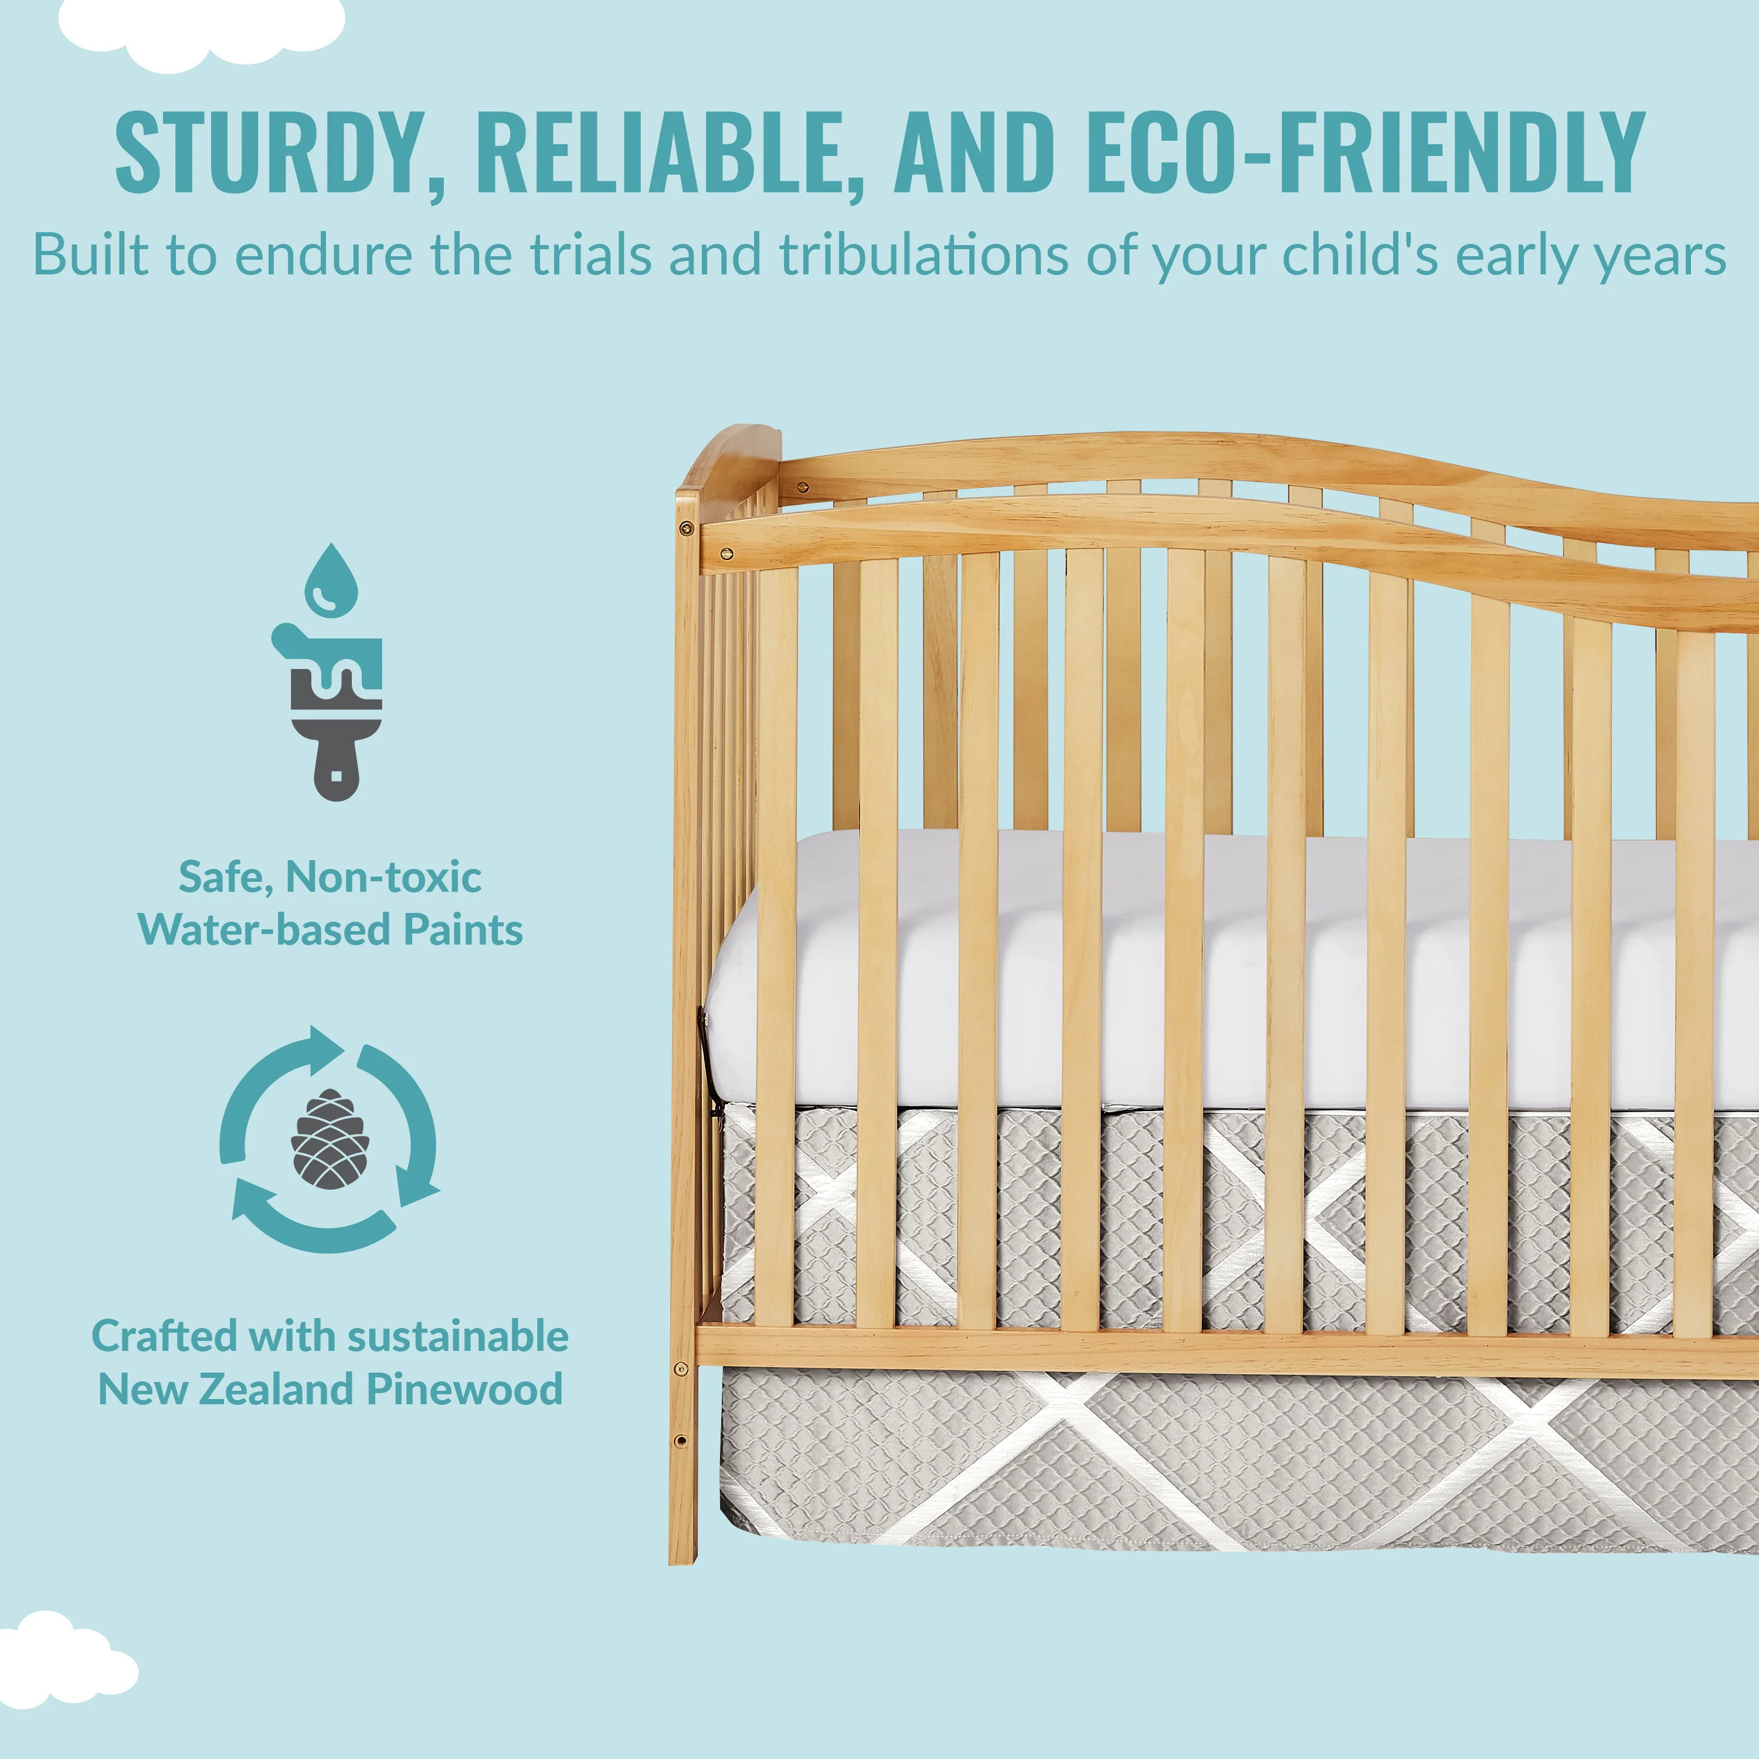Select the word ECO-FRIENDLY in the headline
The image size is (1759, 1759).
pos(1365,152)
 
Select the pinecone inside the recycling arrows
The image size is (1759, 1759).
pos(330,1139)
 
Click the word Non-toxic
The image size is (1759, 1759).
pos(383,877)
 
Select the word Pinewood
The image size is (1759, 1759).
pos(465,1390)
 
